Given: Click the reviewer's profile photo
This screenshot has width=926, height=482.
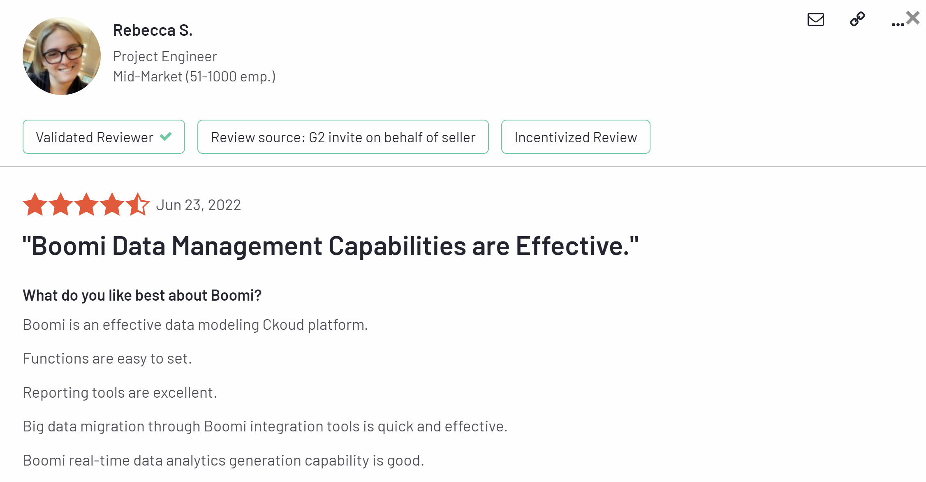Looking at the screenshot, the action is click(62, 56).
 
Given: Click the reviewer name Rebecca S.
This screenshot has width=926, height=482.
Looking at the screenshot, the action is click(153, 30).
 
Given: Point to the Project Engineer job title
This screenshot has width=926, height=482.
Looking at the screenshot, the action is click(165, 56).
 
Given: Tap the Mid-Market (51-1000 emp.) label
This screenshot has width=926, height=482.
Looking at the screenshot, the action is click(194, 76).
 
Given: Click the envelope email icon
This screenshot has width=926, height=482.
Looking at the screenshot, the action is click(816, 20).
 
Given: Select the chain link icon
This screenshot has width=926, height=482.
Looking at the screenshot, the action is click(857, 19).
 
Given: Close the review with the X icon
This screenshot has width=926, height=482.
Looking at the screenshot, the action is click(913, 18).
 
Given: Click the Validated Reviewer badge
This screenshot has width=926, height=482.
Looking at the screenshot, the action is click(104, 137).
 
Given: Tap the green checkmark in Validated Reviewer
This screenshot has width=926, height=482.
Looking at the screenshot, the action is click(166, 136).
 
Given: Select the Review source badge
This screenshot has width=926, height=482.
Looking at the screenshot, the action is click(343, 137).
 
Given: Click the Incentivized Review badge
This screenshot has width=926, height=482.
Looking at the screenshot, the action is click(576, 137).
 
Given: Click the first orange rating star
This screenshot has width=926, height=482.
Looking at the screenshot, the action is click(35, 204).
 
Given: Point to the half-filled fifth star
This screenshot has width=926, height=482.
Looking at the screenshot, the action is click(138, 204).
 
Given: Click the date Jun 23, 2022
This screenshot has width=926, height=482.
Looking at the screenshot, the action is click(199, 205).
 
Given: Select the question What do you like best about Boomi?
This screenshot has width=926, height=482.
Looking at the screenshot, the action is click(142, 295).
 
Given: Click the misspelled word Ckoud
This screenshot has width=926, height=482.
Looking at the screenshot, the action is click(284, 325).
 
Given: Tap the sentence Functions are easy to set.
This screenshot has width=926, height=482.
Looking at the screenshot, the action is click(107, 359).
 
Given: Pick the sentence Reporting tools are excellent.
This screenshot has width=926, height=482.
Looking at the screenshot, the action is click(120, 393).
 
